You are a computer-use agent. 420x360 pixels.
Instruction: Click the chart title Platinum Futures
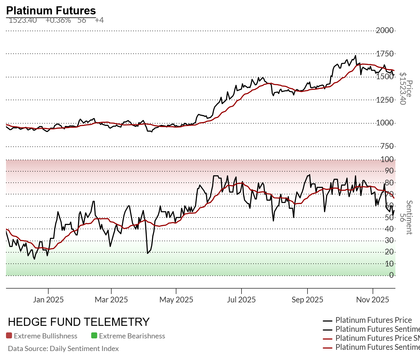(x=51, y=11)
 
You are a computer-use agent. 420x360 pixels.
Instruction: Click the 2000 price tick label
(x=385, y=30)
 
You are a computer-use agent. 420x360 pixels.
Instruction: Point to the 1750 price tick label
(x=385, y=54)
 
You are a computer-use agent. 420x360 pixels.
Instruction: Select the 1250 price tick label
(x=385, y=100)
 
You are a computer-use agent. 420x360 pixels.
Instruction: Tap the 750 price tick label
(x=387, y=146)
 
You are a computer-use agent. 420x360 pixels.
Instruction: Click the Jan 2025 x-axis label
(x=48, y=300)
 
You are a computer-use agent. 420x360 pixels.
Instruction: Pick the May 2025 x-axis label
(x=176, y=300)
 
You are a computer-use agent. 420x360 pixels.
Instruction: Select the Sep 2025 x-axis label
(x=307, y=300)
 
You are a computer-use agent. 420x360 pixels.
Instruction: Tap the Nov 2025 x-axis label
(x=373, y=300)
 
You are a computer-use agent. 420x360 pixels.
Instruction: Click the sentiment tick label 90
(x=389, y=171)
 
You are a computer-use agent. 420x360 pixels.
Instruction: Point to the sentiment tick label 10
(x=389, y=264)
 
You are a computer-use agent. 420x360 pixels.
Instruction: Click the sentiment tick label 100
(x=387, y=159)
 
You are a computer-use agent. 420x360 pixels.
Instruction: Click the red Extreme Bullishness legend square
(x=9, y=336)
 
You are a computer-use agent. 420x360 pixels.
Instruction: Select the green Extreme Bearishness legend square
(x=94, y=336)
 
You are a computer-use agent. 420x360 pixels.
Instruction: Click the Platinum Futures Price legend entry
(x=373, y=320)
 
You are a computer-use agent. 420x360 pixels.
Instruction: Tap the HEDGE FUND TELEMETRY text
(x=79, y=322)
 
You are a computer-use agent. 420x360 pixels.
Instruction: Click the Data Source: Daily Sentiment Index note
(x=63, y=349)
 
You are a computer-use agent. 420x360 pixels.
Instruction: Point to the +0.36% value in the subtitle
(x=58, y=20)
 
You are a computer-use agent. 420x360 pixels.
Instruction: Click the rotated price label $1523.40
(x=403, y=89)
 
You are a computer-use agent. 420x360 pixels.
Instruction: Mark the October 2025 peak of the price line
(x=355, y=55)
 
